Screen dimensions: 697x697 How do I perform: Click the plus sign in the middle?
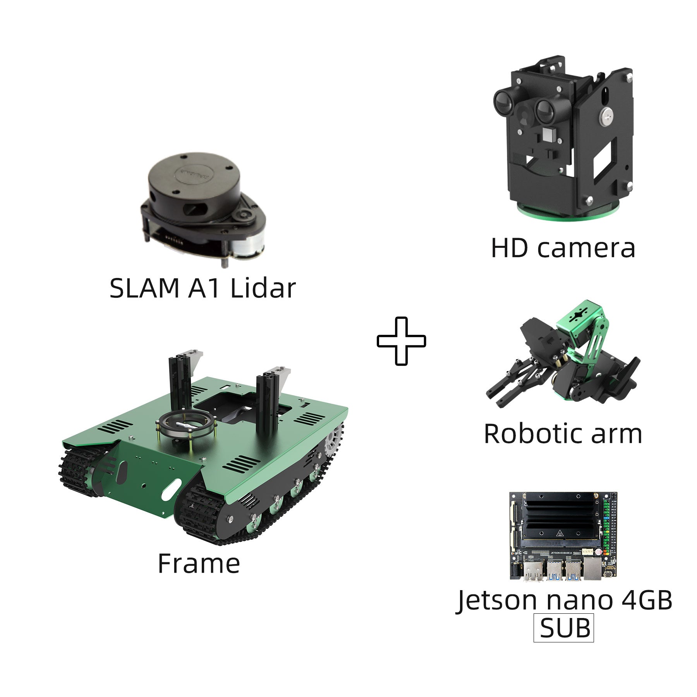(x=401, y=341)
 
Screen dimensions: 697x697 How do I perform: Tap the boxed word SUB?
(x=564, y=628)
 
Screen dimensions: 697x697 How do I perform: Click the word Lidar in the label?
(x=263, y=288)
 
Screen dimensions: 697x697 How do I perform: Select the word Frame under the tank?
(x=199, y=564)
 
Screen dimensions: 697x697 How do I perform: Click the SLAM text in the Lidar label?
(x=144, y=288)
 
